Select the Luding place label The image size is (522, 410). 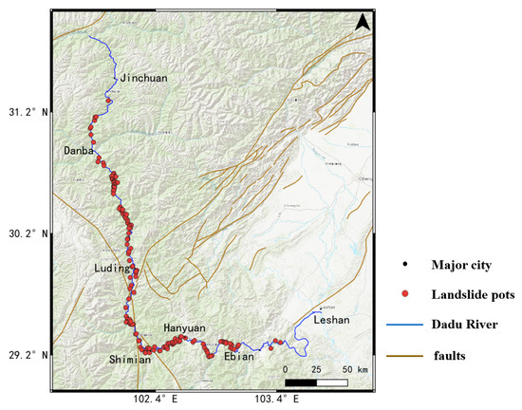tap(111, 269)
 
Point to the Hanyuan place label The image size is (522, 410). tap(185, 326)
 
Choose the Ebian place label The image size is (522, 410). tap(238, 357)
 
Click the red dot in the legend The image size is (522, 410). tap(406, 295)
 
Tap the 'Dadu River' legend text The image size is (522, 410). tap(465, 326)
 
